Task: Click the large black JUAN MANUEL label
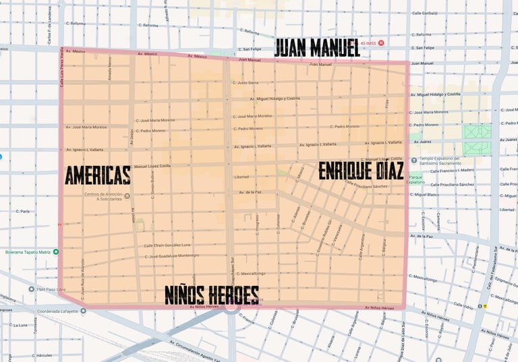pyautogui.click(x=316, y=47)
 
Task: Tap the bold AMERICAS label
pyautogui.click(x=98, y=177)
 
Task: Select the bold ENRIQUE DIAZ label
pyautogui.click(x=361, y=171)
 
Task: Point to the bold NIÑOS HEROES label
pyautogui.click(x=212, y=295)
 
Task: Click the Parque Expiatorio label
pyautogui.click(x=416, y=179)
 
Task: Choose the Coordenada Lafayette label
pyautogui.click(x=62, y=311)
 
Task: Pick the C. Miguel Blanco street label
pyautogui.click(x=425, y=195)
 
